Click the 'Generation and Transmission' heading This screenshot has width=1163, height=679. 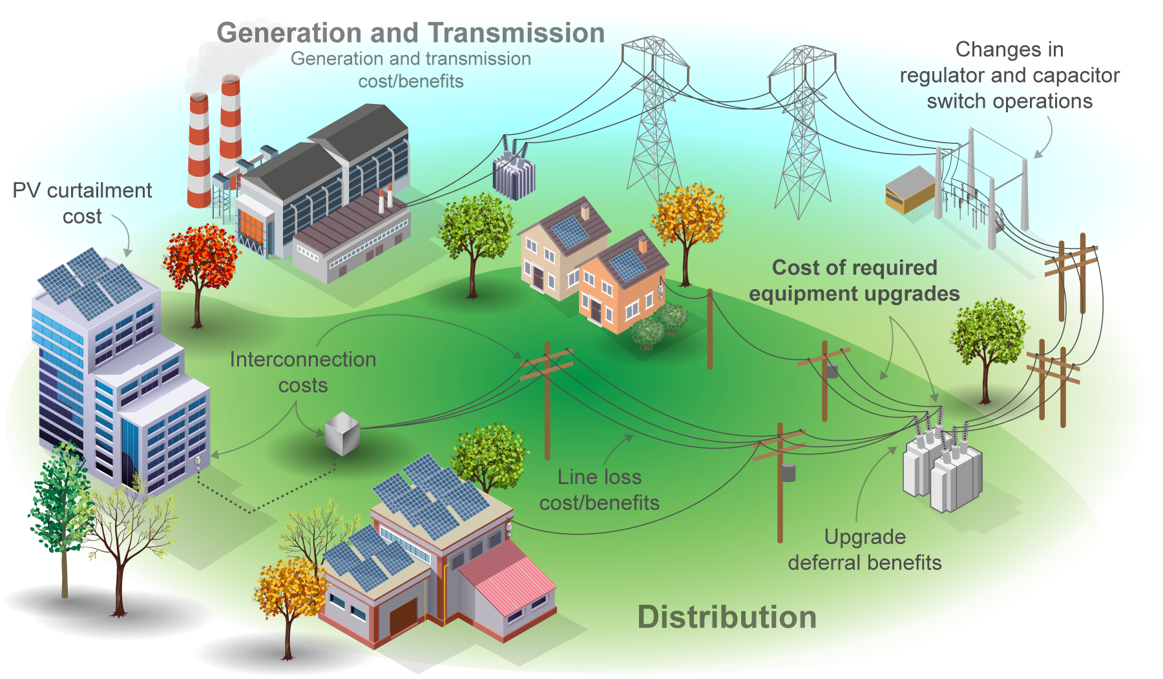pos(410,33)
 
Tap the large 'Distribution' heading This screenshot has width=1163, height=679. pos(727,617)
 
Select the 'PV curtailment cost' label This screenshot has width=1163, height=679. pos(82,203)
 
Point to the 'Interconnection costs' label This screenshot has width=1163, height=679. pos(303,372)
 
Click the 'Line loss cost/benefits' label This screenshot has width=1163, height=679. pos(600,489)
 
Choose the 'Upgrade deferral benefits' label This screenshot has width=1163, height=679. pos(864,549)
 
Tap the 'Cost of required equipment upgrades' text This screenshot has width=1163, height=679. pos(854,280)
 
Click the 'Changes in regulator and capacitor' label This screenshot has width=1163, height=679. pos(1009,63)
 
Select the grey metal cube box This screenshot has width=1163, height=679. pos(342,434)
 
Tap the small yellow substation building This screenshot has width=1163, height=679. pos(910,190)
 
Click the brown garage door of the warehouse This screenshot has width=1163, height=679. pos(403,616)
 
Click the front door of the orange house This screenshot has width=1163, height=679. pos(596,311)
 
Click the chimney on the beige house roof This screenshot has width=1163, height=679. pos(585,212)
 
